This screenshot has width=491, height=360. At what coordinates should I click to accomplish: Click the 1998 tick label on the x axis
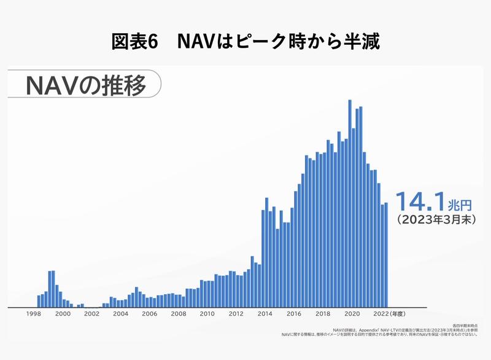coord(34,313)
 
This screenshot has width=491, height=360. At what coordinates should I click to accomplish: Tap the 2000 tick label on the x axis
coord(63,313)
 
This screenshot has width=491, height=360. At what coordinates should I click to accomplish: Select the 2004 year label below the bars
coord(120,313)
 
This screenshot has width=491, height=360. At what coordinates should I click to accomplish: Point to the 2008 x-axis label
coord(178,313)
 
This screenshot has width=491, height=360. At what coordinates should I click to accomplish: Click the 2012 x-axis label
coord(236,313)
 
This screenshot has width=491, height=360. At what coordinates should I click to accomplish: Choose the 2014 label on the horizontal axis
coord(265,313)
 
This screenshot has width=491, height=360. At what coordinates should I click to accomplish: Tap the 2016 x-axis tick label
coord(294,313)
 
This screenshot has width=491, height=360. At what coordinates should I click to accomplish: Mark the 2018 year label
coord(323,313)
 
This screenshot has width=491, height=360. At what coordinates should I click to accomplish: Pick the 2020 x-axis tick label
coord(352,313)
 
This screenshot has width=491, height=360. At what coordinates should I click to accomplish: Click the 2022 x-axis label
coord(380,313)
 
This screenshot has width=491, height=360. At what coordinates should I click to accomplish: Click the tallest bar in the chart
coord(350,203)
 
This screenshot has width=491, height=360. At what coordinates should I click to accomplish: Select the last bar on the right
coord(386,255)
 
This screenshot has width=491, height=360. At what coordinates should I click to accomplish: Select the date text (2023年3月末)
coord(436,218)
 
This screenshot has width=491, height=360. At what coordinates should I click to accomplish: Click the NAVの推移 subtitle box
coord(85,85)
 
